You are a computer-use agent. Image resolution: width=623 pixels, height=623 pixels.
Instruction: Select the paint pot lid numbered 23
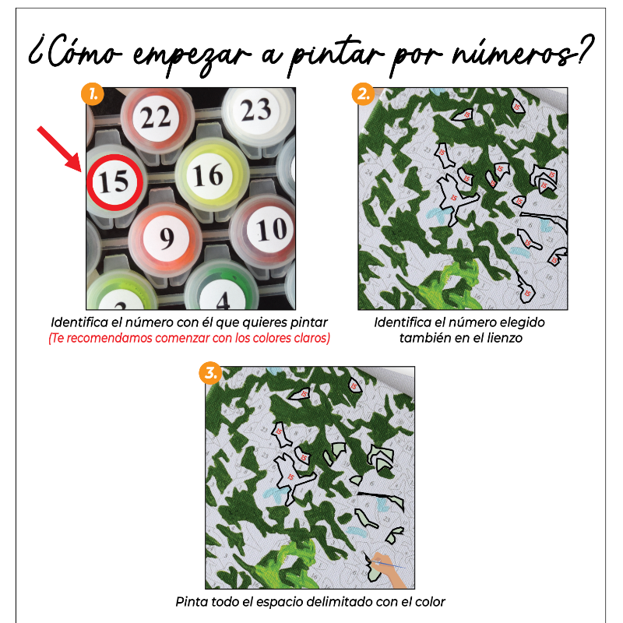click(255, 111)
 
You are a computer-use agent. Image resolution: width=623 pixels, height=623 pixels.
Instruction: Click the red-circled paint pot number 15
click(114, 182)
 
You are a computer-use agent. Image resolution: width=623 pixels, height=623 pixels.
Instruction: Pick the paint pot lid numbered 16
click(208, 174)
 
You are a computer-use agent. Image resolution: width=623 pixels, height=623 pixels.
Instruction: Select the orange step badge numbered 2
click(363, 95)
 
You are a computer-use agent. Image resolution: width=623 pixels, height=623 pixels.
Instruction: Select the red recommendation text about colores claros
click(189, 338)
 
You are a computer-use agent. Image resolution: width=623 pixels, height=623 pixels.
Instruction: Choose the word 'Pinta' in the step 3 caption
click(192, 602)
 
